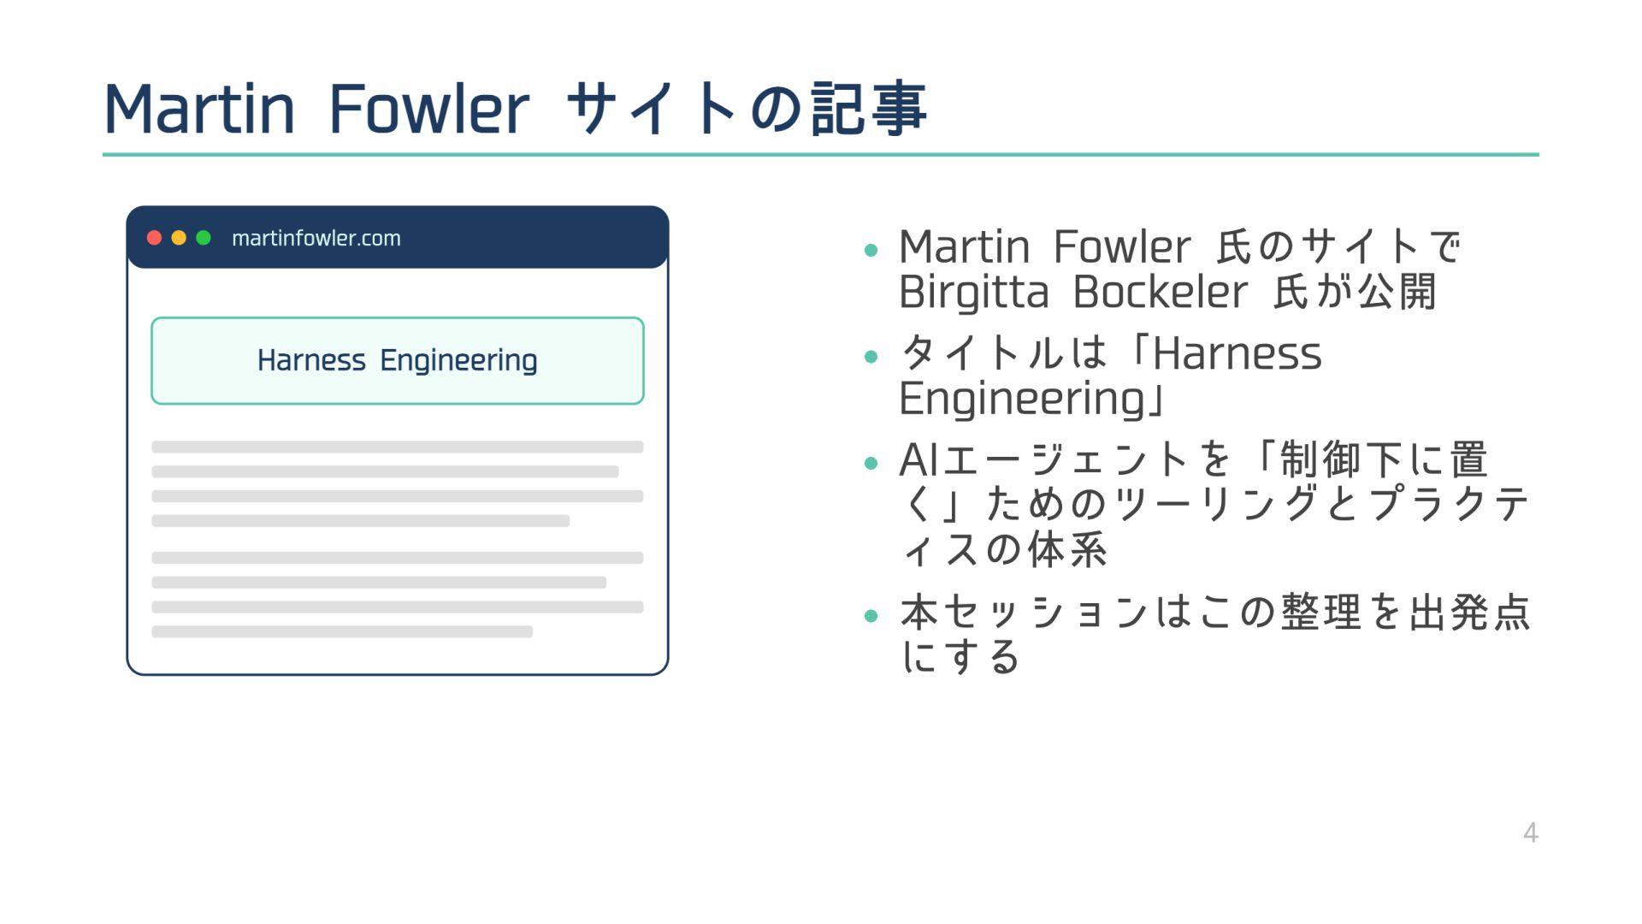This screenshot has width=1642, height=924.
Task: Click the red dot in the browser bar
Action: (x=154, y=238)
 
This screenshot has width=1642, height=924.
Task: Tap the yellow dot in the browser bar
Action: (x=179, y=238)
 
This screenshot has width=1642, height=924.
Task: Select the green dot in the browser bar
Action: (x=204, y=238)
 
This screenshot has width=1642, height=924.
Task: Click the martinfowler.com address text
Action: (x=316, y=238)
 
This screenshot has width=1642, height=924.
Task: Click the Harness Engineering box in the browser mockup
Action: (x=398, y=360)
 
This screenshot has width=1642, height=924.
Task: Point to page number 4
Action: (x=1531, y=832)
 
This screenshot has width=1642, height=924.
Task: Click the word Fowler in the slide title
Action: (x=428, y=110)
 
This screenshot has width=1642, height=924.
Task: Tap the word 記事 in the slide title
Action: (x=868, y=110)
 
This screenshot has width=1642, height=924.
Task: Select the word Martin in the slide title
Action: (x=199, y=110)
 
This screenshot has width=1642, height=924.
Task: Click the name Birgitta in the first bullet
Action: (x=973, y=293)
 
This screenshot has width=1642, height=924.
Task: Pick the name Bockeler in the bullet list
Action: (x=1160, y=293)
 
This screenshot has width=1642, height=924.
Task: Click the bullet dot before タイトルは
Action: (x=871, y=356)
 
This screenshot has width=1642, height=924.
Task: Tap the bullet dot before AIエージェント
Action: (x=871, y=464)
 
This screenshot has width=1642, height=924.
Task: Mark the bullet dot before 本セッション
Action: (x=871, y=615)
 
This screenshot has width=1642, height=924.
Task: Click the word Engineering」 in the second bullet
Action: (x=1032, y=399)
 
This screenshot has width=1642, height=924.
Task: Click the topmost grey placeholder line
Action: (x=398, y=447)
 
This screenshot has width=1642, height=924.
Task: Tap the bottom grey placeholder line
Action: (x=342, y=631)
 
